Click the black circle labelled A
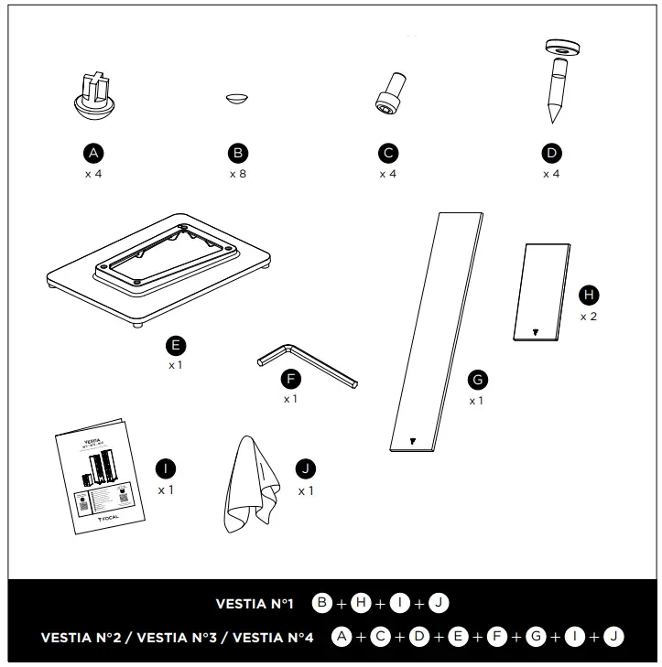coord(92,153)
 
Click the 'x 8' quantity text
coord(237,174)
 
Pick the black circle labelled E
coord(176,345)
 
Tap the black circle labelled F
coord(291,379)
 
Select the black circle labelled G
coord(476,380)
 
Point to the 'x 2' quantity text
coord(589,316)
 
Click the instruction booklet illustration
coord(100,476)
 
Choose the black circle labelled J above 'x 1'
coord(305,469)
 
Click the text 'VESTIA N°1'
coord(255,604)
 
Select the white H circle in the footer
coord(362,603)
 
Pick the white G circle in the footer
coord(535,637)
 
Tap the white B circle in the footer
coord(322,603)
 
